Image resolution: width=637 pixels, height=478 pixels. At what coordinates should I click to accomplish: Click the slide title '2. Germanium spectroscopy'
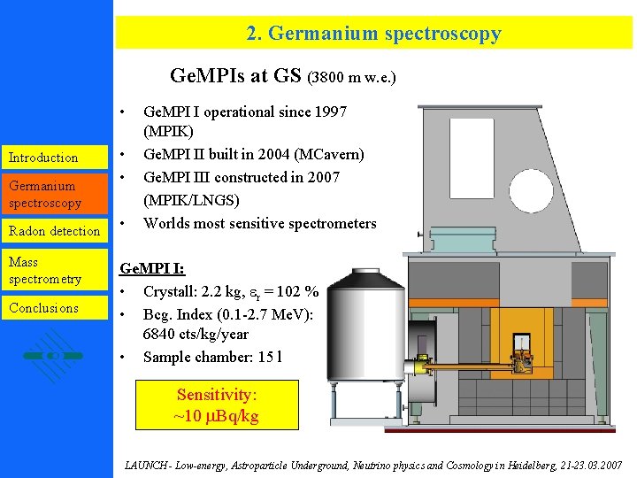[x=373, y=34]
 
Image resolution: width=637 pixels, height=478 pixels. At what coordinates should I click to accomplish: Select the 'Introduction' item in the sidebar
[x=43, y=158]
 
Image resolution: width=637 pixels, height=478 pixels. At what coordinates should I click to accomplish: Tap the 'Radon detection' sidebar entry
[x=54, y=231]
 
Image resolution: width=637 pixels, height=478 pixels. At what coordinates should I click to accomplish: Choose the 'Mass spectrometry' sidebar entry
[x=45, y=271]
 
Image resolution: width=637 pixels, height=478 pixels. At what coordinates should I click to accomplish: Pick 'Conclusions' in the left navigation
[x=43, y=308]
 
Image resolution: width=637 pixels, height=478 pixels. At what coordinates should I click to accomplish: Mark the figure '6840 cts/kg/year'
[x=196, y=335]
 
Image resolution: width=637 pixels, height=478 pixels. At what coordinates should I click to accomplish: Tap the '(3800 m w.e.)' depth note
[x=352, y=78]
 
